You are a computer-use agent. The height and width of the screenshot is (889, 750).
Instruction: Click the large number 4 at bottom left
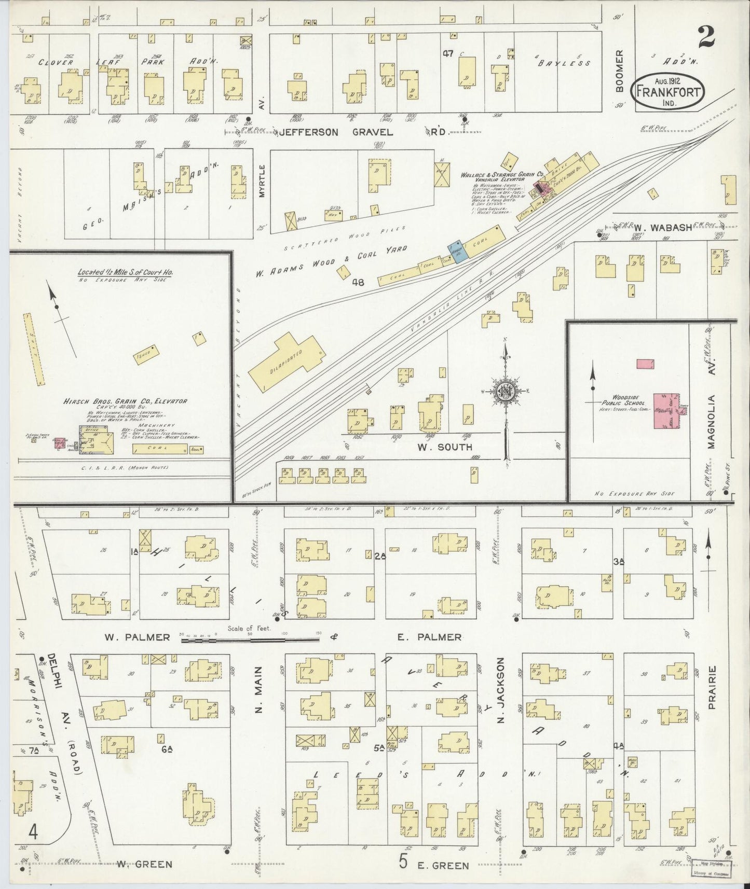click(x=33, y=834)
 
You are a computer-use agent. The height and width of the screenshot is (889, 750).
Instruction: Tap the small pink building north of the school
click(x=645, y=364)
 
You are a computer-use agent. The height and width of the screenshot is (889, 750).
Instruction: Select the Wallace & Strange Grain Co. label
click(x=501, y=175)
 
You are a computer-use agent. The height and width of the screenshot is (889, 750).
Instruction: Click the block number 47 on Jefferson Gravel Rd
click(x=448, y=53)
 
